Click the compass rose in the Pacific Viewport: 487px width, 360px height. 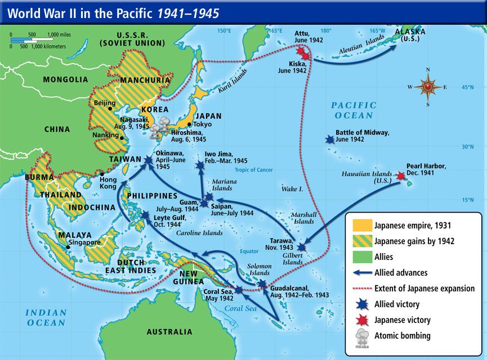point(428,87)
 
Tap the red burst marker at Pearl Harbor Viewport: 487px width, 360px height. point(400,176)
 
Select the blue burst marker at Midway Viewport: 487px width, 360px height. point(329,138)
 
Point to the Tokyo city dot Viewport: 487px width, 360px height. point(190,124)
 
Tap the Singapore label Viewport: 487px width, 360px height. point(84,243)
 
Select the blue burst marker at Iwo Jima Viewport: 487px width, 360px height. point(200,165)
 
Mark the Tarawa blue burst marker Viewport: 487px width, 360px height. point(302,247)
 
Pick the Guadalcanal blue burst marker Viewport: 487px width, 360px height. point(262,285)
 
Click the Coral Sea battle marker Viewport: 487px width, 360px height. point(239,290)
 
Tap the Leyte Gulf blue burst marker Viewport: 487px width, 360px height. point(145,215)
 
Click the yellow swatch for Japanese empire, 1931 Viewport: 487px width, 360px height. point(360,226)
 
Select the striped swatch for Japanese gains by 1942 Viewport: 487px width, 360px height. point(360,241)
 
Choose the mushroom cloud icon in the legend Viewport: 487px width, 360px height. point(360,337)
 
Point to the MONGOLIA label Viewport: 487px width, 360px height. point(66,79)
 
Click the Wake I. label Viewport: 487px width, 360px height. point(292,190)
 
